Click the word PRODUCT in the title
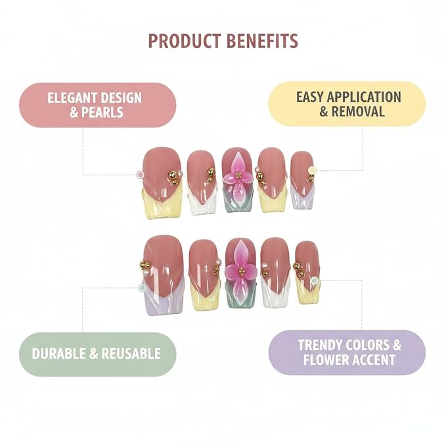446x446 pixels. tap(185, 41)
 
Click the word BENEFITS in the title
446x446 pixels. tap(263, 41)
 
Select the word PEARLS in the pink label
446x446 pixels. tap(102, 112)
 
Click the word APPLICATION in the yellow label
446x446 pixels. tap(364, 97)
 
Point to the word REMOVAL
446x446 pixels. tap(358, 111)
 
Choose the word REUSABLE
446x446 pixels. tap(131, 354)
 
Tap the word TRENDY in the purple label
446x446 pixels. tap(319, 346)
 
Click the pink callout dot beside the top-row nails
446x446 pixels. tap(140, 175)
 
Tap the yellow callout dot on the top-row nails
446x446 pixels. tap(312, 170)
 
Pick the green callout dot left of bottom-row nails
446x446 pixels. tap(143, 288)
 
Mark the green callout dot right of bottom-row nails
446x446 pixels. tap(315, 280)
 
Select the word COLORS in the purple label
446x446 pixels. tap(367, 346)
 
